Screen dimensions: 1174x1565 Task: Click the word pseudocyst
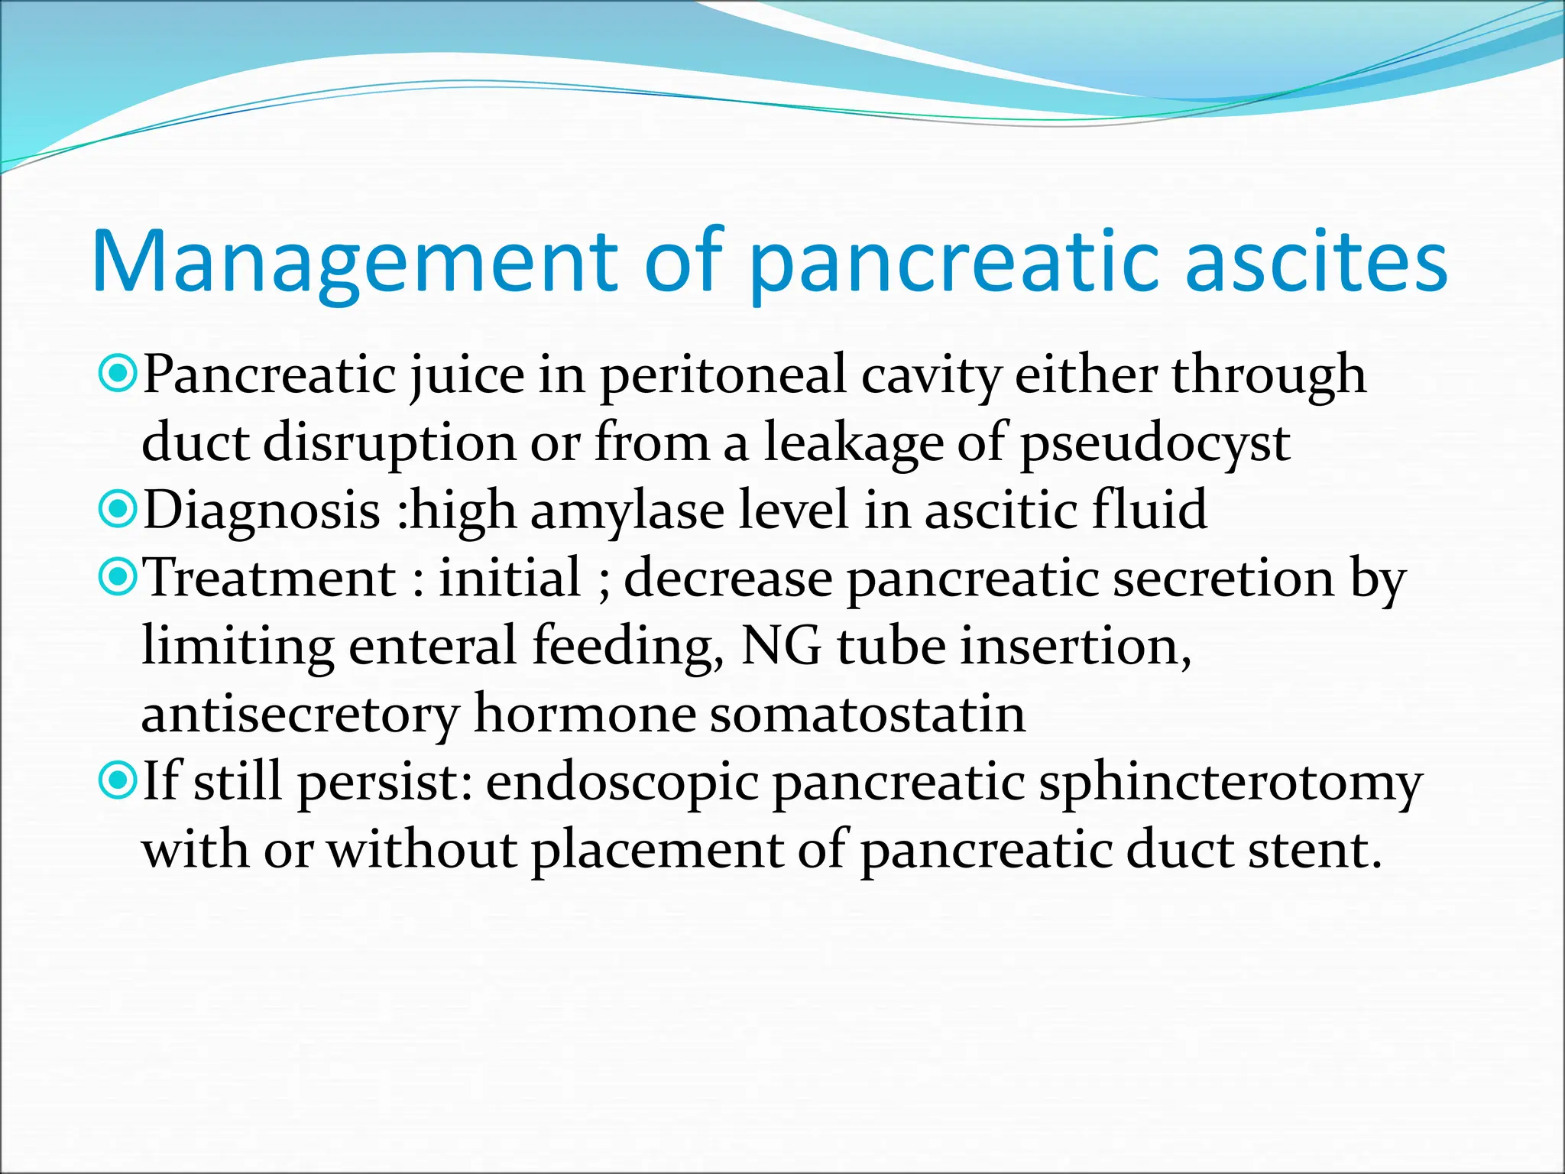pyautogui.click(x=1155, y=443)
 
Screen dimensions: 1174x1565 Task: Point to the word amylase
pyautogui.click(x=627, y=511)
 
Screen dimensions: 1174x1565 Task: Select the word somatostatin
pyautogui.click(x=867, y=714)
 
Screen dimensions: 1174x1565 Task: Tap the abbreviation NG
pyautogui.click(x=781, y=646)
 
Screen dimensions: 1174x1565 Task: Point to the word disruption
pyautogui.click(x=390, y=443)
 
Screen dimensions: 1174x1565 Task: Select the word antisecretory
pyautogui.click(x=300, y=714)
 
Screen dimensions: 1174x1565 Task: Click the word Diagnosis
pyautogui.click(x=261, y=511)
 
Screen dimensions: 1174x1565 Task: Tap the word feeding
pyautogui.click(x=627, y=646)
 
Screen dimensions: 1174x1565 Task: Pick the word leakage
pyautogui.click(x=853, y=443)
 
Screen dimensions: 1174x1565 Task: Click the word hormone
pyautogui.click(x=585, y=714)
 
